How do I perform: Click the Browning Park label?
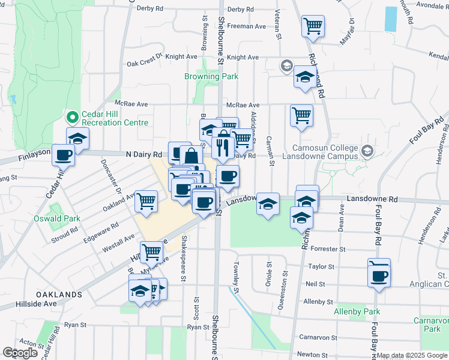pos(211,76)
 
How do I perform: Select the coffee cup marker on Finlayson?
pos(63,155)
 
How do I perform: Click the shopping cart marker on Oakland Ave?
pos(146,202)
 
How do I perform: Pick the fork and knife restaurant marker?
pos(223,147)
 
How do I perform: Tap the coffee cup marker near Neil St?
pos(379,276)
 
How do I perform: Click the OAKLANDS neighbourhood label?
pos(58,295)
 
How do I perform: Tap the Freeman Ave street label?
pos(246,26)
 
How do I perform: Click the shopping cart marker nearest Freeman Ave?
pos(313,26)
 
